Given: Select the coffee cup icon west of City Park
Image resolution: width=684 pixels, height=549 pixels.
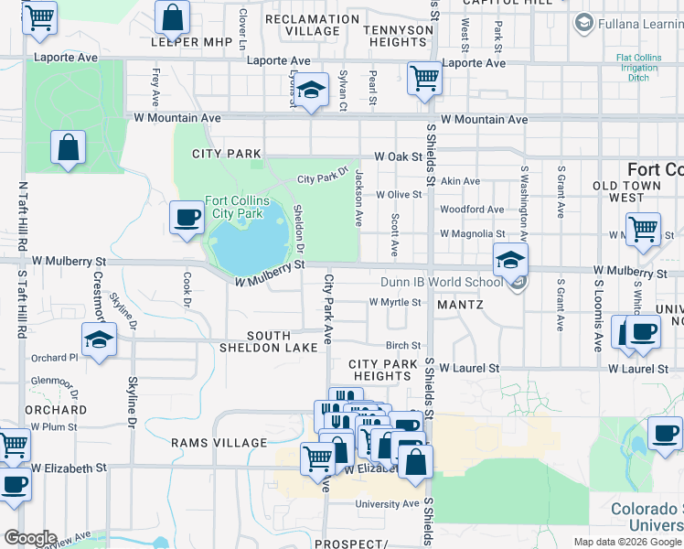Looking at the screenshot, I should point(187,218).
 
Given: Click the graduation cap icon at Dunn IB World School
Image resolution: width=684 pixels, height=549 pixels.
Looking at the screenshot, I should point(510,260).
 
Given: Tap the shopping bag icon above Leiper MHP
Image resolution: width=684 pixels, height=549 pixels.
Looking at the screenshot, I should point(172,17).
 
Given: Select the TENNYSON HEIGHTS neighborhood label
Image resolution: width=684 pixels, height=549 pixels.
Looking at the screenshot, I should point(398,36).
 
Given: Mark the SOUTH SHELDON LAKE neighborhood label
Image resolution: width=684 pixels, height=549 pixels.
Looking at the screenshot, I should point(269,341).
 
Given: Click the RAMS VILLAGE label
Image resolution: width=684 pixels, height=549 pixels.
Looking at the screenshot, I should point(219,443).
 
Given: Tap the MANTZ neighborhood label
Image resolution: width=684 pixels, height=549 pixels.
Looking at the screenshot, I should point(459,304).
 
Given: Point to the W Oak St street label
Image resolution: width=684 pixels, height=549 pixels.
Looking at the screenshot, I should point(397,156).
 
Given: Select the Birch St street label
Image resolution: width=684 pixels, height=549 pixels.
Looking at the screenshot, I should point(402,346).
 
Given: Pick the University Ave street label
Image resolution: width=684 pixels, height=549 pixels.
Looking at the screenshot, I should point(387,504).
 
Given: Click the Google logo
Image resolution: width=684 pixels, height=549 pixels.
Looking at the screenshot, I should point(30,538).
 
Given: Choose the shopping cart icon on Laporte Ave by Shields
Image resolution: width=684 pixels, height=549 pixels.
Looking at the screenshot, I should point(424,79).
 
